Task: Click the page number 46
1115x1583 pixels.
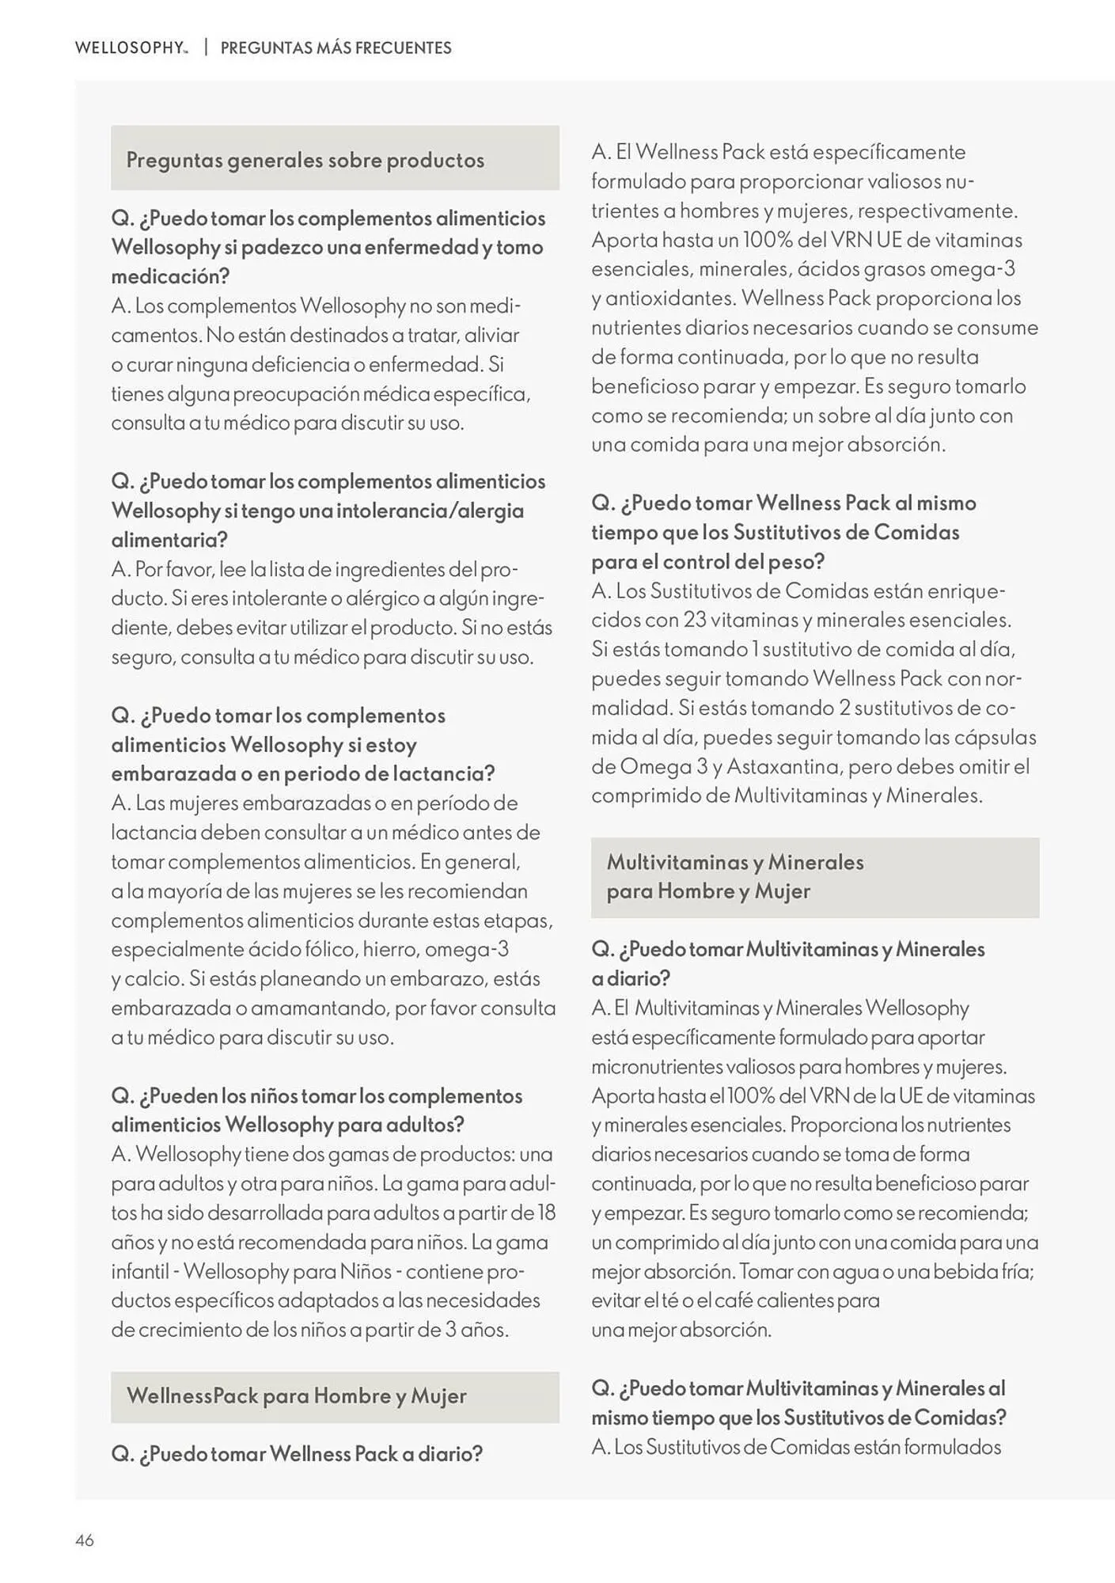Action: click(85, 1539)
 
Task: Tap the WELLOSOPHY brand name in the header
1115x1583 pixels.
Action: click(130, 47)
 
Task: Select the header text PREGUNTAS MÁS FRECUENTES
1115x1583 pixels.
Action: click(336, 47)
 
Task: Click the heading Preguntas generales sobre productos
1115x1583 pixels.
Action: click(305, 160)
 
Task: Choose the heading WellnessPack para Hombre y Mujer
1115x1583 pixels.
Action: click(296, 1395)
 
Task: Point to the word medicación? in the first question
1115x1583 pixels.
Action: click(170, 276)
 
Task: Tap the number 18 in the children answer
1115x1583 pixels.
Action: click(546, 1213)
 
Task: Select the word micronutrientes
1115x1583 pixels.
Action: click(656, 1066)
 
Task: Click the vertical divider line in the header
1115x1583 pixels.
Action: click(206, 47)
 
